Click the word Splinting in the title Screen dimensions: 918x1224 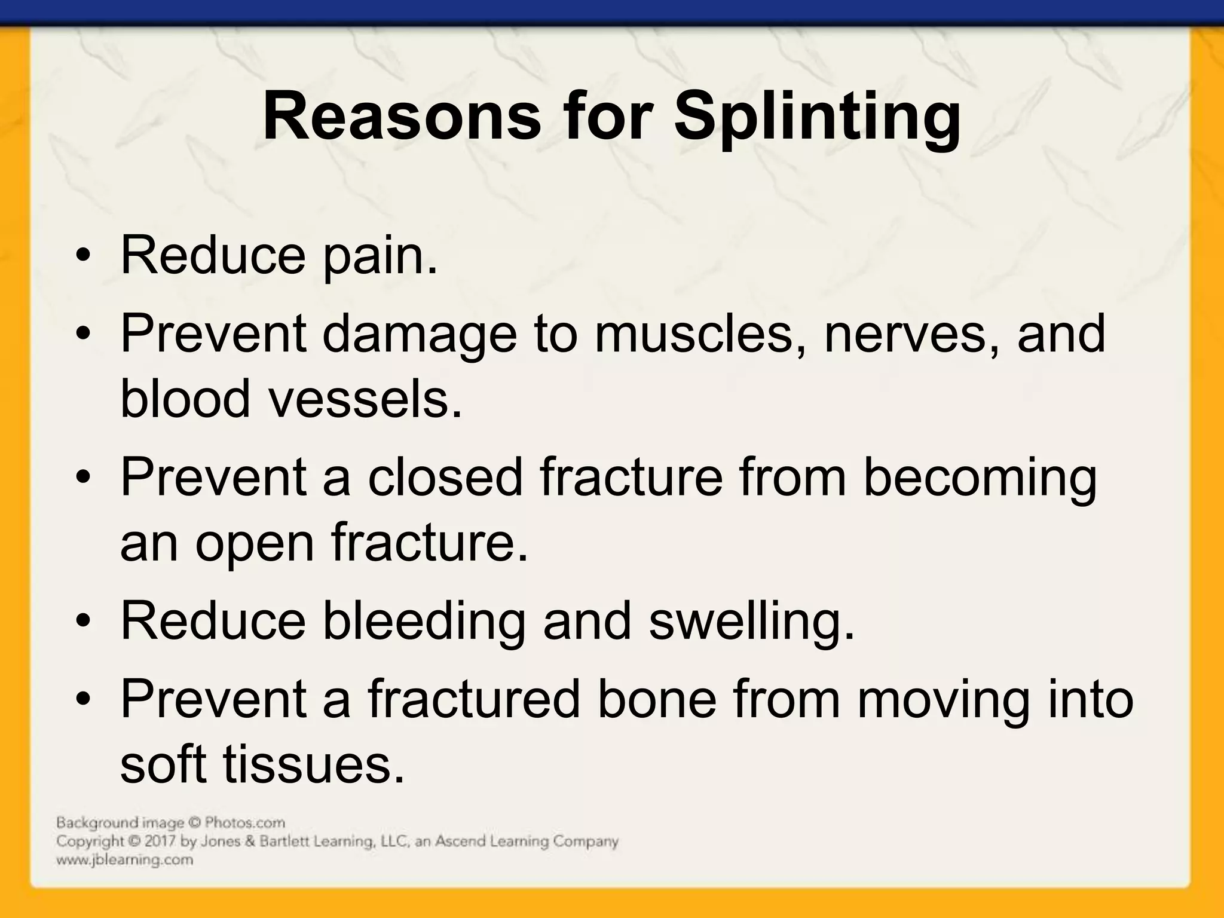tap(818, 117)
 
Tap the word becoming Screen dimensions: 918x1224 tap(980, 478)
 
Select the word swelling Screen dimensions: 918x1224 tap(752, 622)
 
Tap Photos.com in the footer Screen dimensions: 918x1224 tap(245, 823)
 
